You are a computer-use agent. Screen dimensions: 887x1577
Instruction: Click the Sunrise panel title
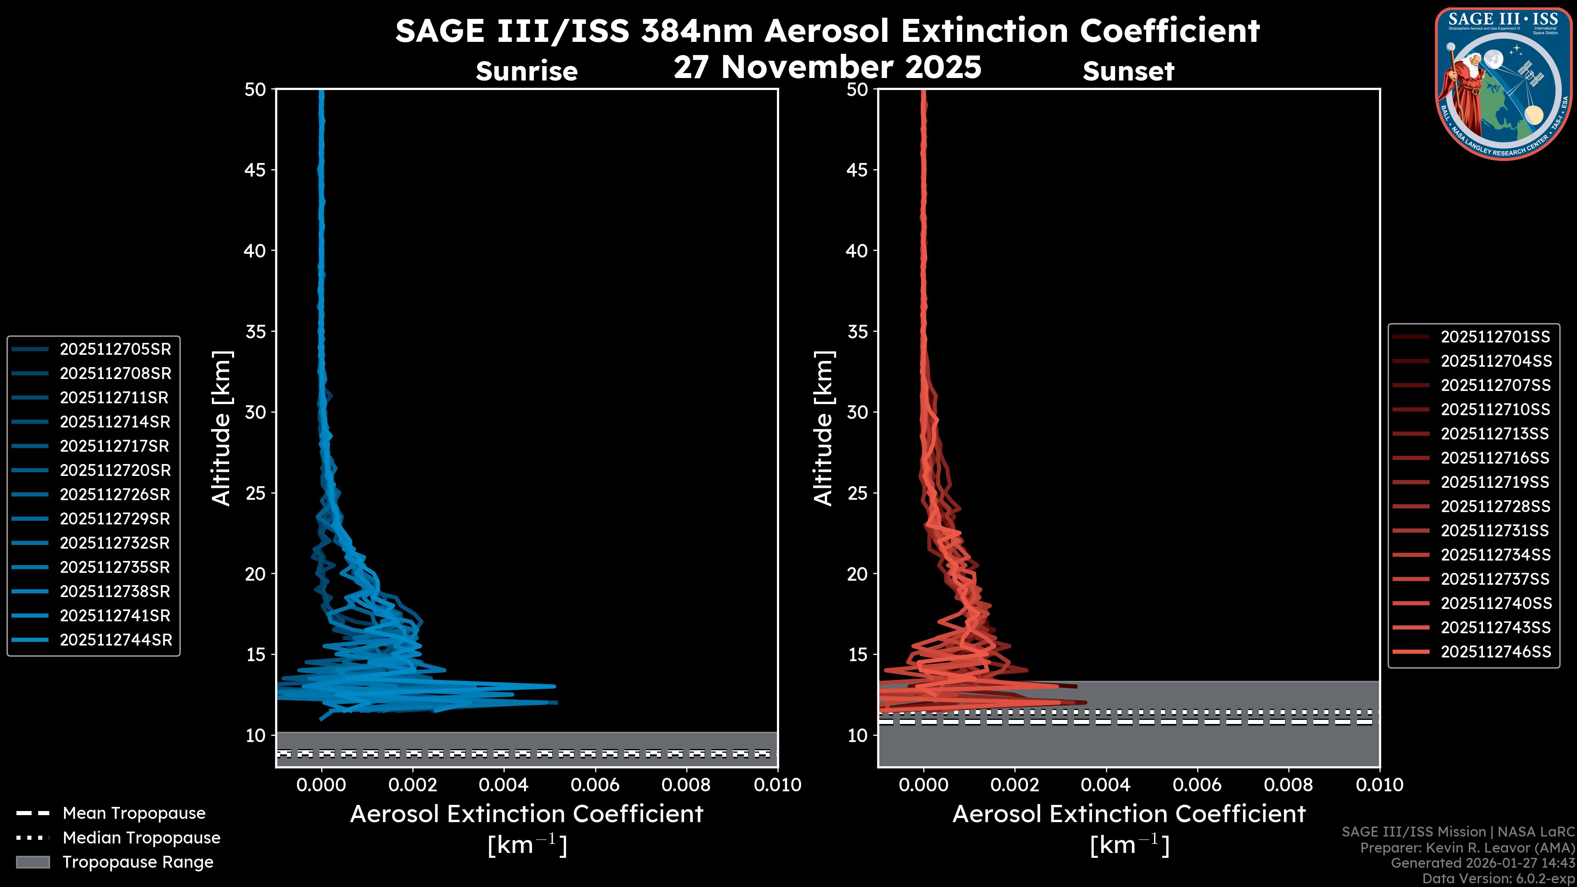pos(526,71)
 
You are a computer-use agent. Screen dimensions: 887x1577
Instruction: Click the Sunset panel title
pos(1128,71)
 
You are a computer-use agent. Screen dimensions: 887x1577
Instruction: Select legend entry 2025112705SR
pos(115,349)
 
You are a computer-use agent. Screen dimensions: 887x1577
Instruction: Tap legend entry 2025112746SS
pos(1496,652)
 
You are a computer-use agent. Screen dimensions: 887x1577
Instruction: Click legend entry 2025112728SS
pos(1496,507)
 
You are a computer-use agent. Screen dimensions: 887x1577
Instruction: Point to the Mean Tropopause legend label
pos(134,813)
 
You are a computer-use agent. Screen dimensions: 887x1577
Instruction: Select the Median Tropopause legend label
pos(141,838)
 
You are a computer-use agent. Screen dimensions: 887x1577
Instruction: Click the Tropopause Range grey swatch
pos(33,862)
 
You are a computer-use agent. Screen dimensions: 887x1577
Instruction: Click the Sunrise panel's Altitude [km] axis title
pos(221,428)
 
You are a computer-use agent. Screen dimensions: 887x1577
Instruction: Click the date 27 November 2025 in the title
pos(827,67)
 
